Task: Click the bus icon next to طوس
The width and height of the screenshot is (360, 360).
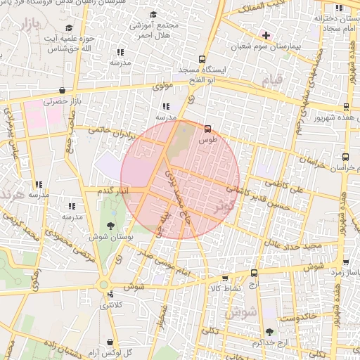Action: coord(207,129)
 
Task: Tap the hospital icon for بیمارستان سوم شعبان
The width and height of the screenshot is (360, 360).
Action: coord(266,34)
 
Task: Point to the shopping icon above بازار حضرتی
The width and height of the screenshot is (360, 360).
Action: coord(63,90)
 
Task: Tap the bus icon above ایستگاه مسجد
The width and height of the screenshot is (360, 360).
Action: coord(202,60)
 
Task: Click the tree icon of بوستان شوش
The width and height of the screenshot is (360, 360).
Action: coord(110,225)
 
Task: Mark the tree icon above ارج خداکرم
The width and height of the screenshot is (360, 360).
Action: coord(269,331)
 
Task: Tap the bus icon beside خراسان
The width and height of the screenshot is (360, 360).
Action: coord(345,158)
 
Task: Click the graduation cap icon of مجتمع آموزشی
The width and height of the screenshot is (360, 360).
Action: coord(153,14)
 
